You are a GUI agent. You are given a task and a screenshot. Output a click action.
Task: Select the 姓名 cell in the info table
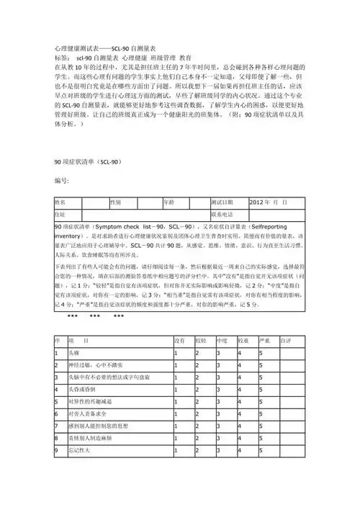coord(60,202)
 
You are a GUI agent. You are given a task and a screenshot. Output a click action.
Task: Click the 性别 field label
coord(116,202)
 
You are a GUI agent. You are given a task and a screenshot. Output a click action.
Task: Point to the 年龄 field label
coord(169,202)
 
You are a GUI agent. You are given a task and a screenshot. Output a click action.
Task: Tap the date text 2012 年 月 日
coord(272,202)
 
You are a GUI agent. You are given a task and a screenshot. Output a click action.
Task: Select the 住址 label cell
coord(60,214)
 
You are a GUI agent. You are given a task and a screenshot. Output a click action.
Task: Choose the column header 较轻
coord(200,339)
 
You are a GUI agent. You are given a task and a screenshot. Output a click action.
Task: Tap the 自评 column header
coord(286,339)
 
